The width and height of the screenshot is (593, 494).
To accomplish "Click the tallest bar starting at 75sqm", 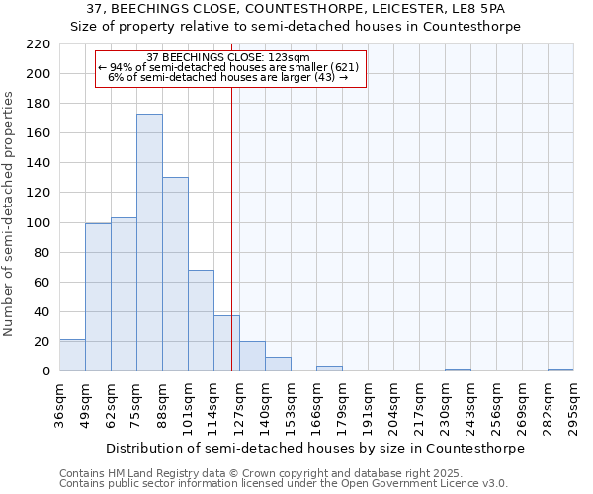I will point(149,242).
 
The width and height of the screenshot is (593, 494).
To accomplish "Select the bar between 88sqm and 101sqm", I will point(175,274).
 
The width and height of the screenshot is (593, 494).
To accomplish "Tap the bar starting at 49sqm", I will point(98,296).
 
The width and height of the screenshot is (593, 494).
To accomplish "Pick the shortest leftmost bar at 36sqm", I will point(72,355).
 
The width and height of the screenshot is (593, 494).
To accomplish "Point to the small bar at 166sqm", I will point(329,369).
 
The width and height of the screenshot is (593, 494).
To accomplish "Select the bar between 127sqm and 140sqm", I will point(252,356).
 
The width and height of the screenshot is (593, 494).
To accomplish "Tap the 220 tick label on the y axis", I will point(39,44).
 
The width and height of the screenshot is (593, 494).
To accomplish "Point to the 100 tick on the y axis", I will point(39,223).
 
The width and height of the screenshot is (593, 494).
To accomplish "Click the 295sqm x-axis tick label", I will point(573,406).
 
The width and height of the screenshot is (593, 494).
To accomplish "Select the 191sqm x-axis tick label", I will point(368,406).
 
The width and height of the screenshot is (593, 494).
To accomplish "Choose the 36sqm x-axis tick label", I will point(59,406).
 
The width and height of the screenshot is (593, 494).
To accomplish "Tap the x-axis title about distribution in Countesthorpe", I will point(315,448).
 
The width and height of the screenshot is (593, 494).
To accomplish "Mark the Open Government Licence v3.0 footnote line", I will point(284,484).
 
